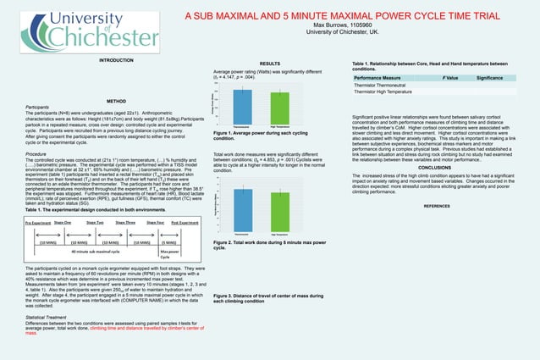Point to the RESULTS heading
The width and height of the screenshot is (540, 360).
pos(269,64)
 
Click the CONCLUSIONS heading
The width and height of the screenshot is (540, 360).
pos(435,167)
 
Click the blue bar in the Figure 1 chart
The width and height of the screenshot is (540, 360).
pos(242,106)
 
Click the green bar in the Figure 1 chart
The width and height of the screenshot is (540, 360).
pos(279,107)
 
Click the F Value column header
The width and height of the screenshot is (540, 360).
pos(450,77)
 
